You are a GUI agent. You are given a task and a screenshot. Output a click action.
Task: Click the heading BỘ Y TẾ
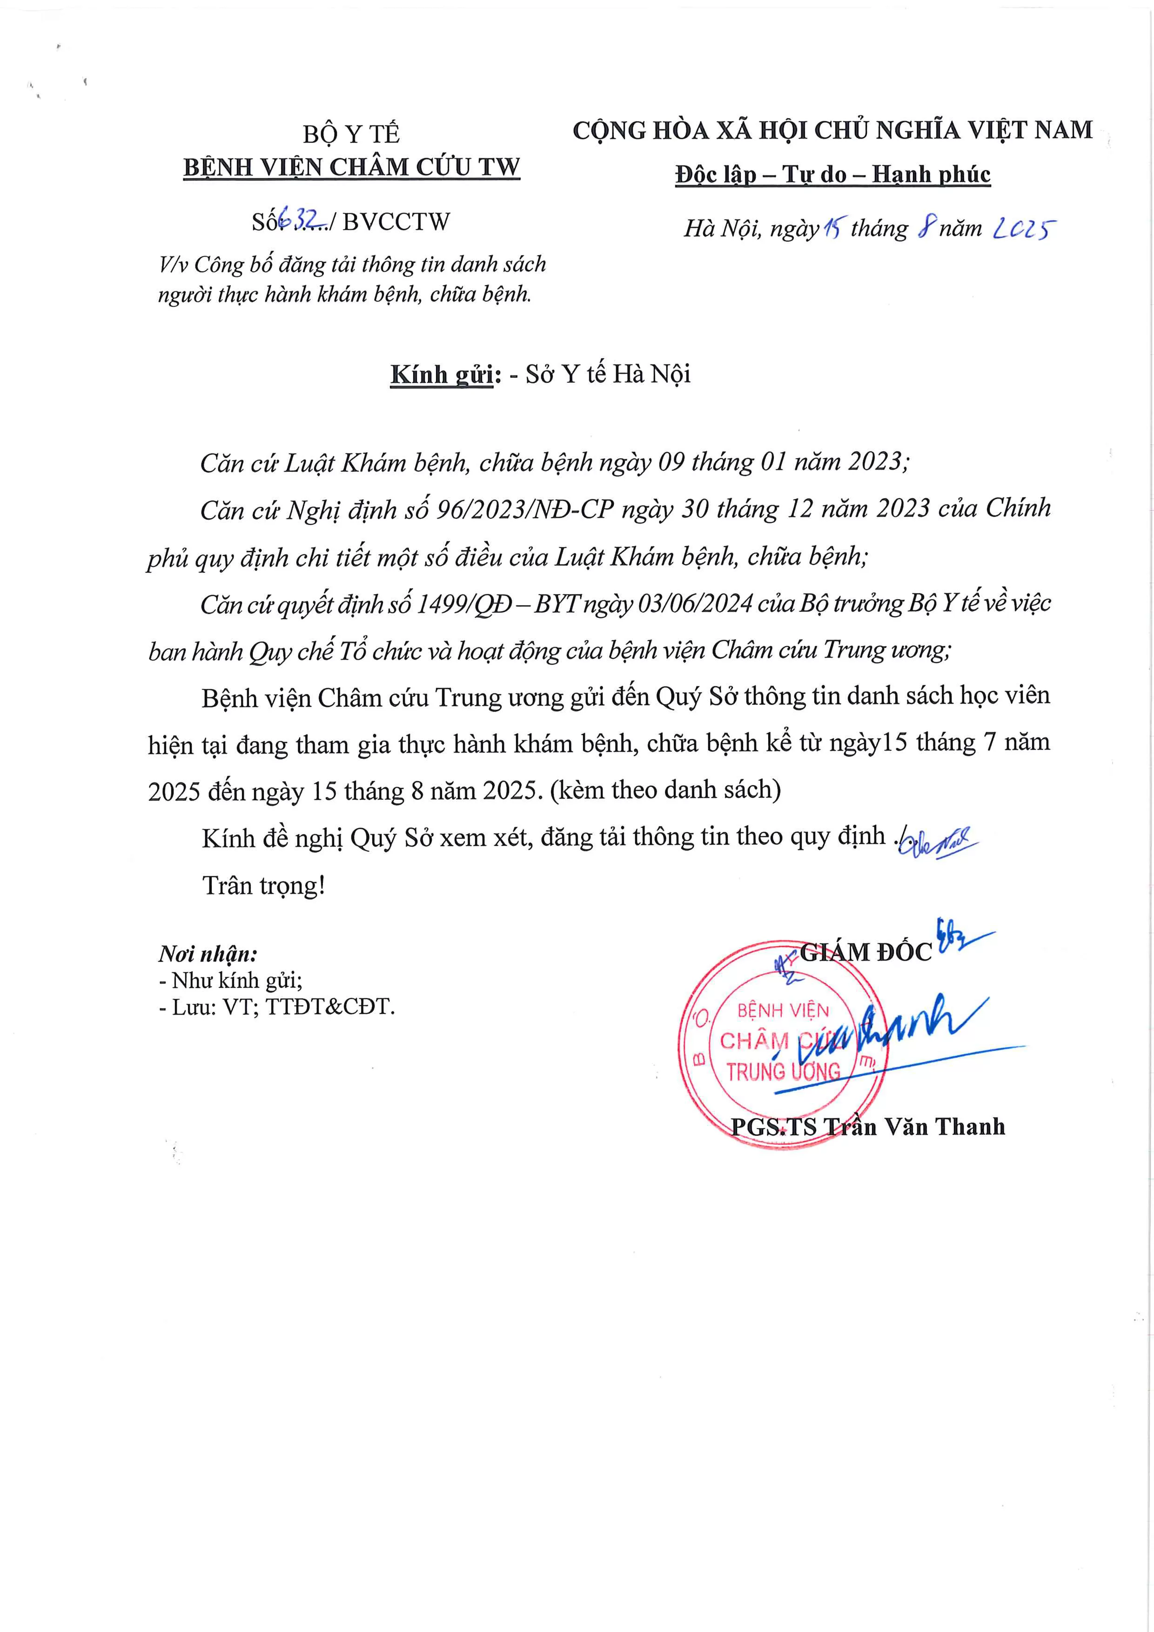(x=351, y=134)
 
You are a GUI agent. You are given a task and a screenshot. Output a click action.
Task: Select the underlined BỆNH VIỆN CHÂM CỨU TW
(x=351, y=168)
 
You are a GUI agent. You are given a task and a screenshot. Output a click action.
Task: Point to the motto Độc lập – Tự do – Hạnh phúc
(x=832, y=174)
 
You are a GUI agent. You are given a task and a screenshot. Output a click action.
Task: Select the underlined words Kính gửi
(x=442, y=375)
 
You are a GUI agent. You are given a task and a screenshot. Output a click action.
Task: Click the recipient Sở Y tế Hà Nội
(x=608, y=375)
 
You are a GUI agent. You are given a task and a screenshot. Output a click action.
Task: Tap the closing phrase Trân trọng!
(x=264, y=886)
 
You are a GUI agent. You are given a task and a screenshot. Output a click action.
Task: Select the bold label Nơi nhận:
(x=208, y=954)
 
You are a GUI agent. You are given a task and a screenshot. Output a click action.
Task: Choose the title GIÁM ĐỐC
(x=865, y=952)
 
